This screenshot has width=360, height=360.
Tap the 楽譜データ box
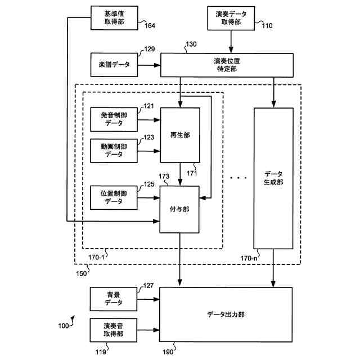tap(114, 65)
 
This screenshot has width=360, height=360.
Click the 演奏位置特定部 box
tap(227, 65)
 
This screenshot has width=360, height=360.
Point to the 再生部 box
tap(180, 135)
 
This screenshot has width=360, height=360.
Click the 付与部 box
tap(180, 209)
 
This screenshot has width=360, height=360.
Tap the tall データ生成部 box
tap(273, 178)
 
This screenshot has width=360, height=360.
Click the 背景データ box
tap(114, 299)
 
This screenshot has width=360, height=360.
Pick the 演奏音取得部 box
tap(114, 330)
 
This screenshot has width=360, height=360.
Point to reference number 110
tap(264, 25)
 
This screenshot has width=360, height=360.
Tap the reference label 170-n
tap(248, 258)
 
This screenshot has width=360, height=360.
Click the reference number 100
tap(63, 326)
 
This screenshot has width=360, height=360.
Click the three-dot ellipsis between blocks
tap(238, 178)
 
